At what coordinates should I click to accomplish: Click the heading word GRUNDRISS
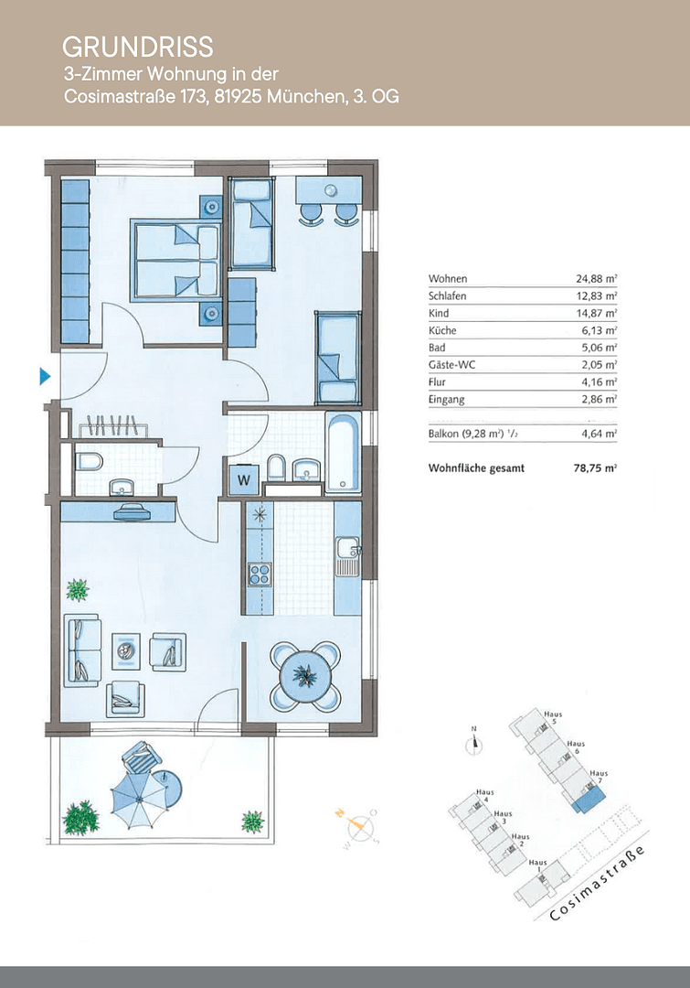coord(137,47)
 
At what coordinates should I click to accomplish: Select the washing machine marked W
coord(244,477)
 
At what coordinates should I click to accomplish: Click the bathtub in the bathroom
coord(344,452)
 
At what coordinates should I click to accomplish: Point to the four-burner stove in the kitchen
coord(260,575)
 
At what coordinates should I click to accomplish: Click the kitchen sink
coord(347,553)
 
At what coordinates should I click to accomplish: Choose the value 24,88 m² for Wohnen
coord(591,279)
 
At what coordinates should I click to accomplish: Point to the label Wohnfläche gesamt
coord(475,467)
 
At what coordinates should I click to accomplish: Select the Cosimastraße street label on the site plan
coord(598,885)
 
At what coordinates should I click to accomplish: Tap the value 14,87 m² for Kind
coord(591,314)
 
